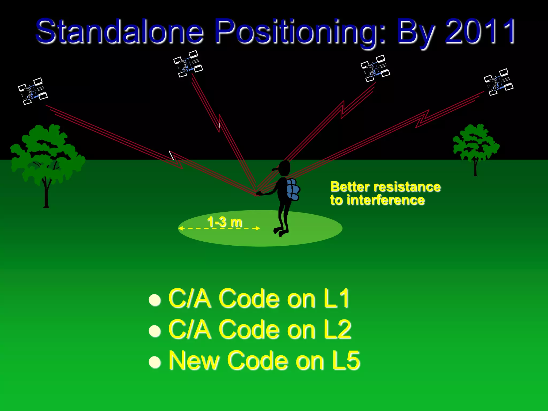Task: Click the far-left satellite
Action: tap(33, 91)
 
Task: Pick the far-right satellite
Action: tap(498, 82)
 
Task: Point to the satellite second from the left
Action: tap(188, 64)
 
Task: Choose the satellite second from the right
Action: tap(375, 68)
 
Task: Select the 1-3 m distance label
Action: tap(225, 222)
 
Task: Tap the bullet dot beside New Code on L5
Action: tap(155, 362)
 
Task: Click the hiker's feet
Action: tap(281, 232)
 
